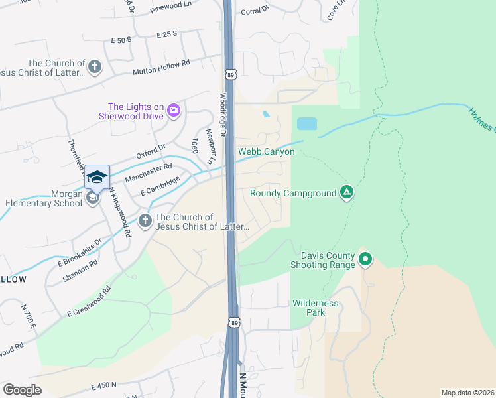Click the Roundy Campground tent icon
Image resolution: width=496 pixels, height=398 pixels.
(x=346, y=193)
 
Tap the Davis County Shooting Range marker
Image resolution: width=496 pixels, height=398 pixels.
(x=364, y=259)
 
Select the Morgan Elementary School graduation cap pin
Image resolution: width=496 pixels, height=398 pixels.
(x=97, y=176)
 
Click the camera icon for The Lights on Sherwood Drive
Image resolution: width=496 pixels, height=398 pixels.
(x=174, y=110)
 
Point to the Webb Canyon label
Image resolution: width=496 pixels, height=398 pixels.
(x=266, y=152)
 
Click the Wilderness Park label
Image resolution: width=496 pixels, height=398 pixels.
(x=316, y=307)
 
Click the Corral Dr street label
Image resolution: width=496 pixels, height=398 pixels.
(x=255, y=11)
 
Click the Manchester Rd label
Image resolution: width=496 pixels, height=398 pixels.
(x=149, y=172)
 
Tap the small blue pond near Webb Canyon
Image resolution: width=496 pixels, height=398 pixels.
(x=306, y=123)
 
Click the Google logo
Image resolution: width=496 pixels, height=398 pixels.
(x=23, y=390)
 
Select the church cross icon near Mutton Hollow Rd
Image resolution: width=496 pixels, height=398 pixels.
(x=95, y=66)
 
